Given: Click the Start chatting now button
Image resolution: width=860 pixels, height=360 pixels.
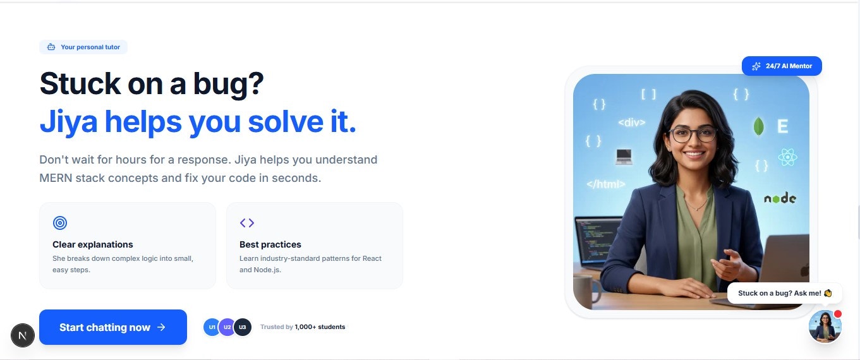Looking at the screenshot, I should (112, 327).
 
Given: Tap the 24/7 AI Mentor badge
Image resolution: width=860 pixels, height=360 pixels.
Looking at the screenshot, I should (782, 66).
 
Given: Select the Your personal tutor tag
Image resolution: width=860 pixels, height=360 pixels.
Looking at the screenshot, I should (83, 47).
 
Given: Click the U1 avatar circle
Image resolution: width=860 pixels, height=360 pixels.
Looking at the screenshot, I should (212, 327).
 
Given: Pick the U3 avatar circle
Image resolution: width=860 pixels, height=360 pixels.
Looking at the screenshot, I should (243, 327).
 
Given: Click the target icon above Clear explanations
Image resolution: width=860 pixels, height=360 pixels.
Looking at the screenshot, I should (60, 223).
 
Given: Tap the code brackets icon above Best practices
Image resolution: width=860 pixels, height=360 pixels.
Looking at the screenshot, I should (247, 223).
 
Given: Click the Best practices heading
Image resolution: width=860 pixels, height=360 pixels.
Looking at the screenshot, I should (270, 244).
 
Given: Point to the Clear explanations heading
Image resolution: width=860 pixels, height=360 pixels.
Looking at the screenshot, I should (93, 244).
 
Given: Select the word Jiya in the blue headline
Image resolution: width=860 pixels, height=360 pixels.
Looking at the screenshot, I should (68, 121).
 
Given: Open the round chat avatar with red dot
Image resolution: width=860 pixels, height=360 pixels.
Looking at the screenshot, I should (825, 327).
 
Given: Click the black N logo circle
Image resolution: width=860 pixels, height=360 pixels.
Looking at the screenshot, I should (23, 335).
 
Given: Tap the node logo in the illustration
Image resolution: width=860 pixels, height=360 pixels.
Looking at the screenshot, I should (780, 198).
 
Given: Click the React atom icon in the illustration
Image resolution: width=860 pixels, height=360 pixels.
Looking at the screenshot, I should (787, 157).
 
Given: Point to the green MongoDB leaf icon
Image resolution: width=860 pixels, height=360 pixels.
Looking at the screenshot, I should (758, 126).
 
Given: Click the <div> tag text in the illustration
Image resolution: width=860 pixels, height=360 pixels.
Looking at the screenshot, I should (631, 123).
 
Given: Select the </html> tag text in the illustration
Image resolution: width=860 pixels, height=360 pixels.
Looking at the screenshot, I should (605, 184).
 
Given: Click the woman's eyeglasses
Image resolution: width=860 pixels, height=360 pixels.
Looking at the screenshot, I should (693, 134).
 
